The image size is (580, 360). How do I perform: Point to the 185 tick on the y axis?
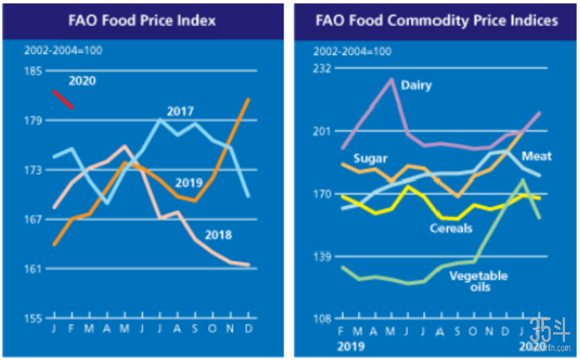click(33, 71)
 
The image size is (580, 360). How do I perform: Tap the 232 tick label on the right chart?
click(323, 69)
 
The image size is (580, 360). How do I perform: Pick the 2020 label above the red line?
click(83, 81)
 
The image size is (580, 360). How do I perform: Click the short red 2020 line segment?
click(63, 99)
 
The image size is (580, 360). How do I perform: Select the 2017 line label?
click(180, 112)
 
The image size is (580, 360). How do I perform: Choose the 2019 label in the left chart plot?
click(189, 183)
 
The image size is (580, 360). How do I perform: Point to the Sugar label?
click(370, 159)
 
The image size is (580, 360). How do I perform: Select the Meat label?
click(536, 156)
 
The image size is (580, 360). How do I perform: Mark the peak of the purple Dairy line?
click(392, 79)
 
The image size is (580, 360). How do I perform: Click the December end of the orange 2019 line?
click(248, 99)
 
